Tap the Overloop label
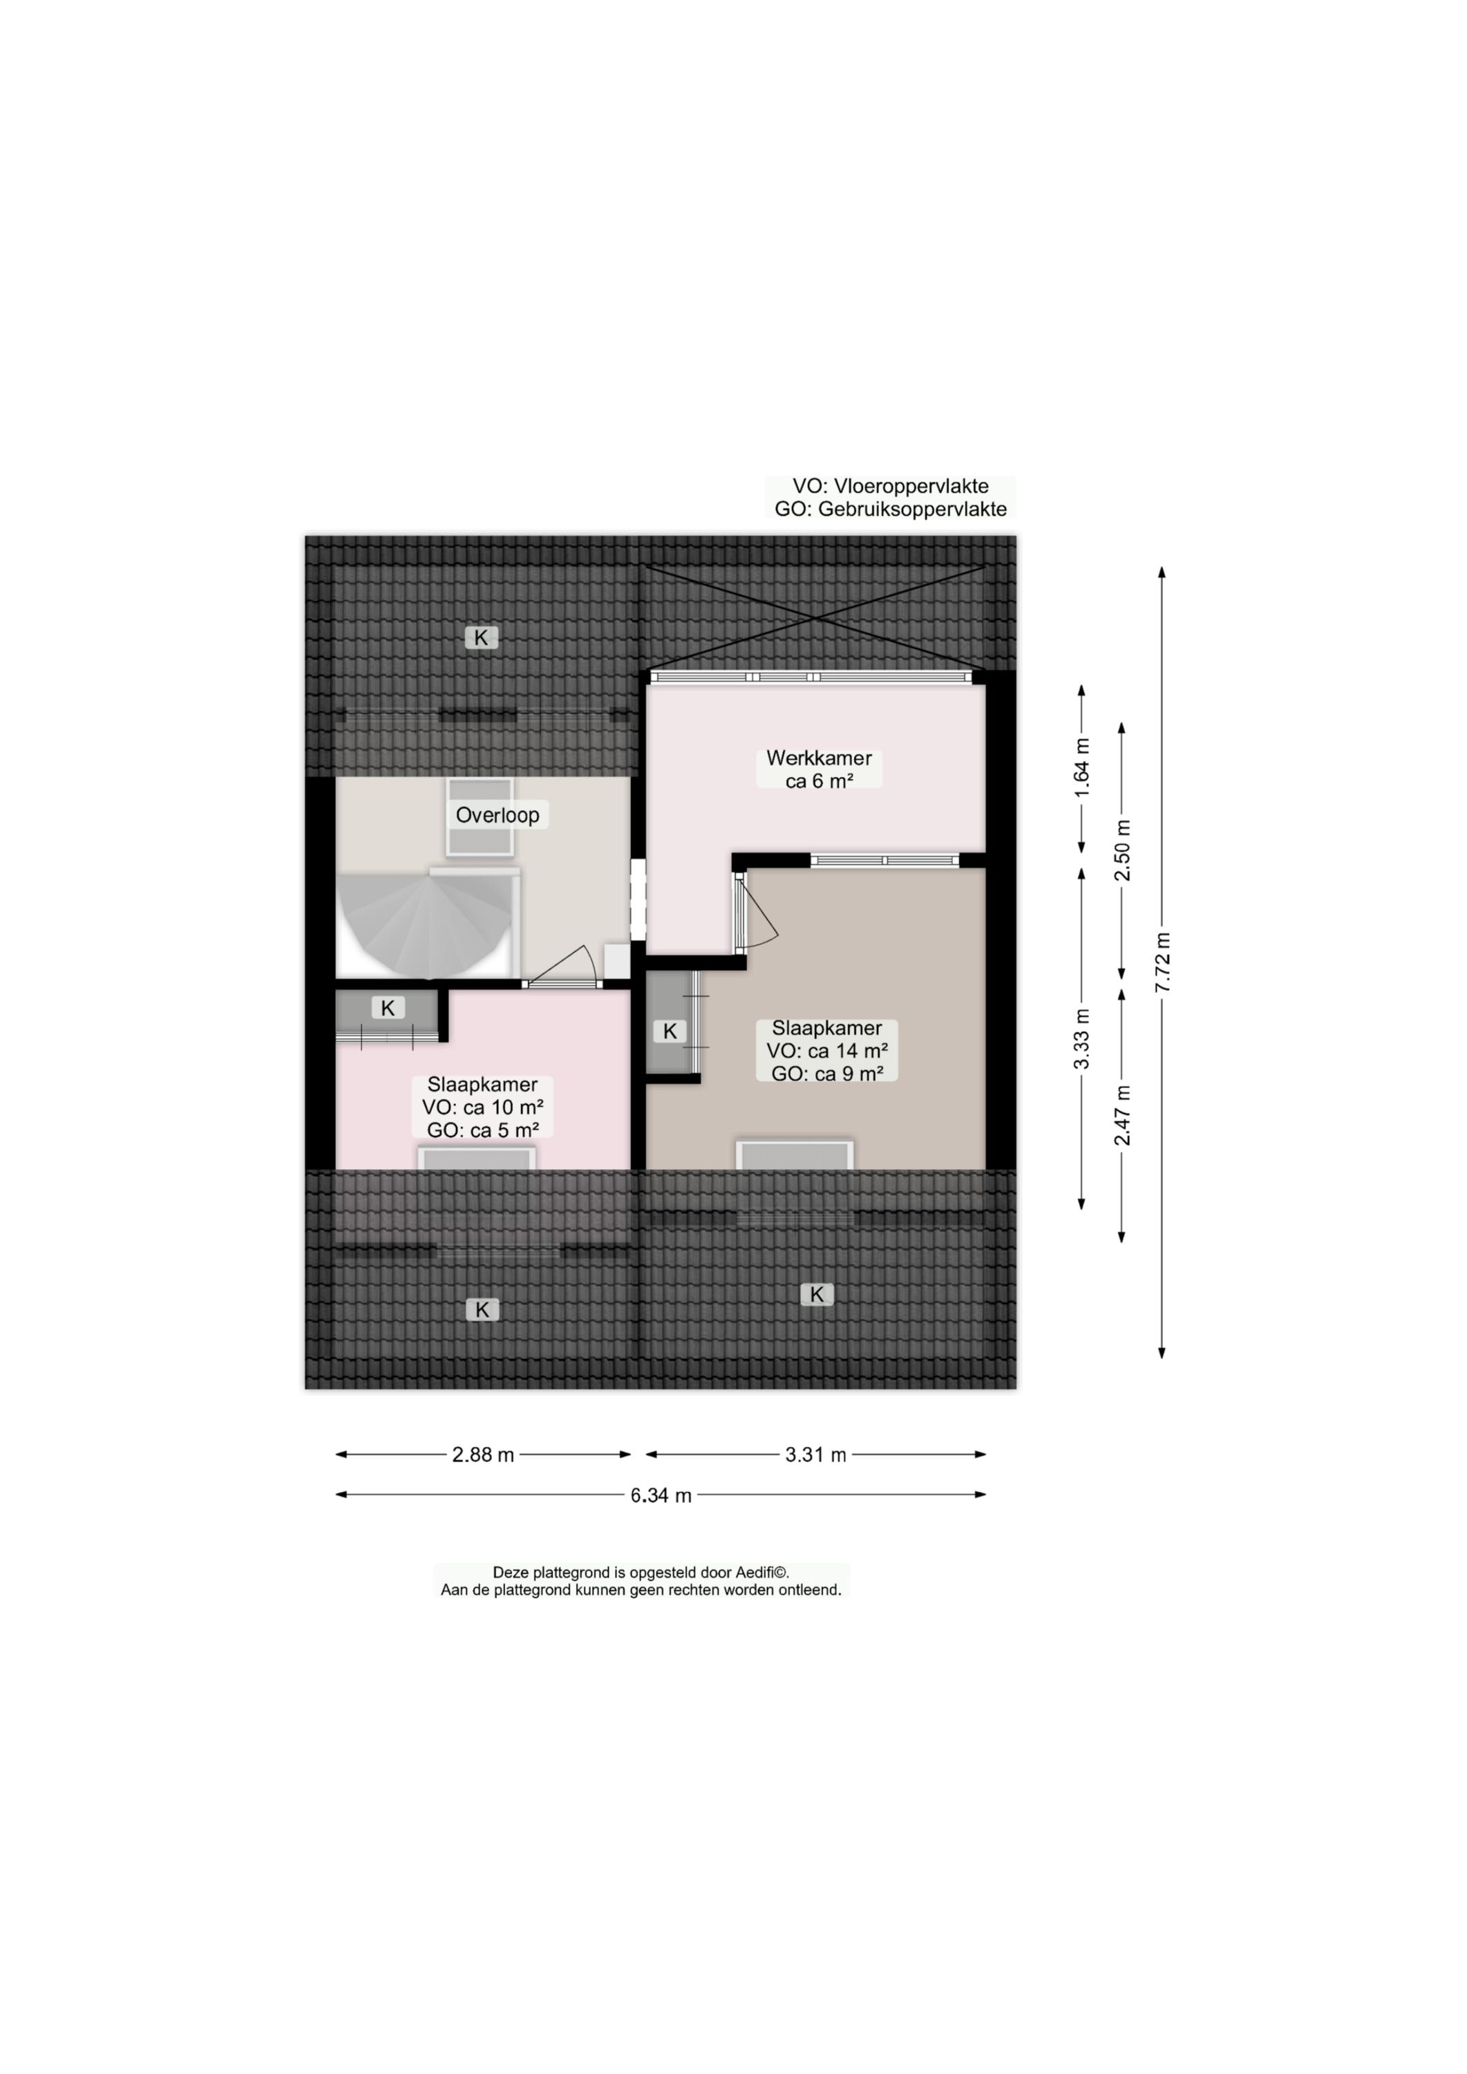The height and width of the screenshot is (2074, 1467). pos(497,814)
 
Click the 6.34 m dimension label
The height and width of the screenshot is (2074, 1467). pos(661,1495)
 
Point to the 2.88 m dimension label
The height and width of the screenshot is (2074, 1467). pos(482,1454)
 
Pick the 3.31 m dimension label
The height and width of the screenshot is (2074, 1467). pos(815,1454)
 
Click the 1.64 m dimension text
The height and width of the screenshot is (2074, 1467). pos(1081,767)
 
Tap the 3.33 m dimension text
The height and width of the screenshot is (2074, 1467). pos(1081,1038)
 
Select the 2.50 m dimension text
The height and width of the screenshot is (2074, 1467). pos(1122,850)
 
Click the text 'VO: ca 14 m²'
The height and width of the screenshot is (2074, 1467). pos(826,1050)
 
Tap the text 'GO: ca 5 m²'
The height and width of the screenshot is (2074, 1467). pos(482,1130)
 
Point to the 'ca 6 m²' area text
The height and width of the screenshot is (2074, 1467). pos(820,781)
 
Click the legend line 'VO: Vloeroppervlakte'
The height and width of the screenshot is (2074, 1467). pos(890,486)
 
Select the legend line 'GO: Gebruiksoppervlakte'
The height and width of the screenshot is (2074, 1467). pos(890,509)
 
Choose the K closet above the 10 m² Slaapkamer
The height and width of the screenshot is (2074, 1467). pos(388,1009)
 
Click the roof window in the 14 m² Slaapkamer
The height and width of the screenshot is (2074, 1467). pos(795,1155)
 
